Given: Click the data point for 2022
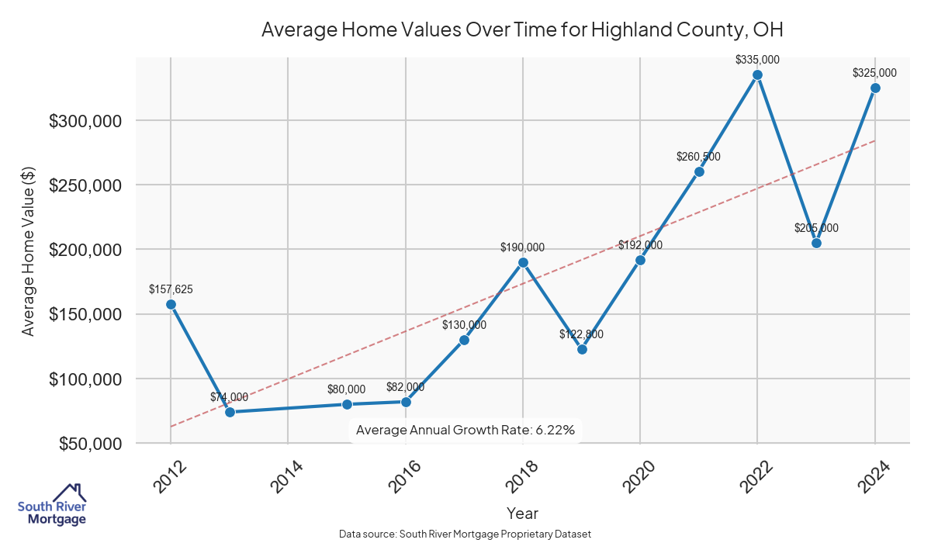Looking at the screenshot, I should [757, 74].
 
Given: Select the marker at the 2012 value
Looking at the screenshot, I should [171, 304].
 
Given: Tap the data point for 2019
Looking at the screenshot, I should [582, 349].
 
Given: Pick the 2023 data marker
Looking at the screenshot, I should [816, 243].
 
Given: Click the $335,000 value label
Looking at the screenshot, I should [757, 59].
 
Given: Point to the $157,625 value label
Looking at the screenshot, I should [171, 289].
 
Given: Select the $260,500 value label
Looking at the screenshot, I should [698, 157].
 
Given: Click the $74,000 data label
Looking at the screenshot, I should [230, 397].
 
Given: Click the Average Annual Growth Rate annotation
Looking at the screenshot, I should [465, 430].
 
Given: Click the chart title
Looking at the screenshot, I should [522, 30].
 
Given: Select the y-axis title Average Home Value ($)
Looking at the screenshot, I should [28, 251].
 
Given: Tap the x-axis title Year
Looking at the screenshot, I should [522, 514].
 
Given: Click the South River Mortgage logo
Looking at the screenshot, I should [52, 505].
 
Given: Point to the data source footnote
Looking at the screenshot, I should [465, 534].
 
